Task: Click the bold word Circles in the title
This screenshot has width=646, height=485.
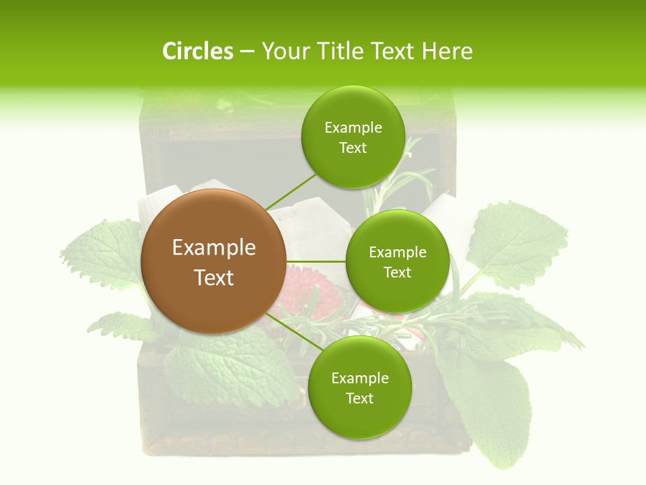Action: click(197, 51)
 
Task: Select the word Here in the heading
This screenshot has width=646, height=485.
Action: click(447, 51)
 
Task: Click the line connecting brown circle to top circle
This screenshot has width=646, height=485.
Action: click(291, 190)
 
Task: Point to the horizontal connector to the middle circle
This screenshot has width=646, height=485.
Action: click(316, 261)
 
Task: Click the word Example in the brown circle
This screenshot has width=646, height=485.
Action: click(213, 248)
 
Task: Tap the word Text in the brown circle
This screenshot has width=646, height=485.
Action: click(213, 278)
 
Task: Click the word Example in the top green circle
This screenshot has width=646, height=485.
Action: click(353, 128)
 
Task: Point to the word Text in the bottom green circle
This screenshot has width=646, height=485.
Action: click(359, 398)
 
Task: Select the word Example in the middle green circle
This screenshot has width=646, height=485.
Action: click(397, 253)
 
